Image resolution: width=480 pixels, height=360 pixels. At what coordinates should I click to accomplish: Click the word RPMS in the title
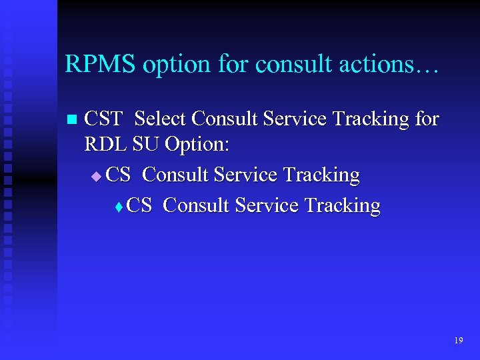pyautogui.click(x=98, y=64)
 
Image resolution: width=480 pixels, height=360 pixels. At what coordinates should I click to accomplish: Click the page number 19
pyautogui.click(x=458, y=341)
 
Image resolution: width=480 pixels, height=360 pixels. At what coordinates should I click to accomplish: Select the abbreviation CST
pyautogui.click(x=104, y=119)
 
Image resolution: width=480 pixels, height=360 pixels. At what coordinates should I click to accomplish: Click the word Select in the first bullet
pyautogui.click(x=161, y=119)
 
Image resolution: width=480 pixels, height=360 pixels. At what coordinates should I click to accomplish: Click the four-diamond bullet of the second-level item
pyautogui.click(x=96, y=176)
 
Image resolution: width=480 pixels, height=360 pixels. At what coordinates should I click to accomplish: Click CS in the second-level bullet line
pyautogui.click(x=119, y=175)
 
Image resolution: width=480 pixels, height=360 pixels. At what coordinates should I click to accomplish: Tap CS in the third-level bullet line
pyautogui.click(x=139, y=205)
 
